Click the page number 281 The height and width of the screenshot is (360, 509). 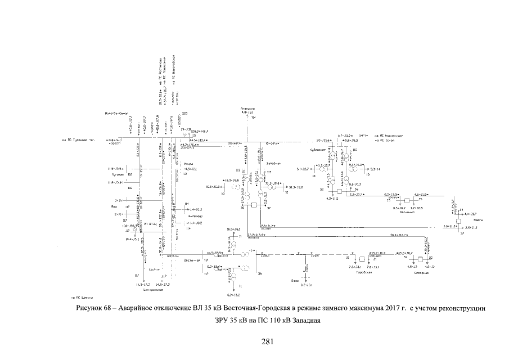click(x=268, y=341)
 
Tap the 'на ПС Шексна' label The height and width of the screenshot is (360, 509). click(x=81, y=296)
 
